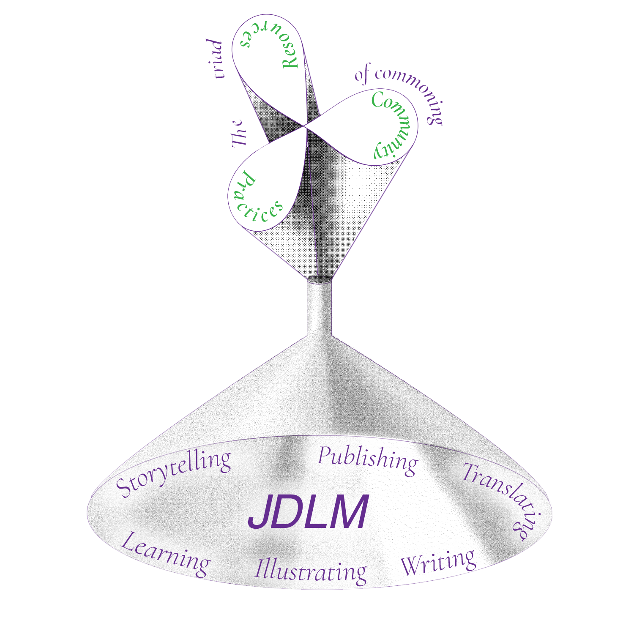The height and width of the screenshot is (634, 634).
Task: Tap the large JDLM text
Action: click(308, 512)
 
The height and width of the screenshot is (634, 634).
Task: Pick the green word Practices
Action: click(254, 201)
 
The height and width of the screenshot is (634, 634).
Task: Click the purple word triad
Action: click(216, 59)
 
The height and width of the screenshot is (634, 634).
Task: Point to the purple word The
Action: click(239, 134)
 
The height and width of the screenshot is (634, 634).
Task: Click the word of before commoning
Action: click(363, 74)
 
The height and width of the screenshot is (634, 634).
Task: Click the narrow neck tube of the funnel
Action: click(319, 309)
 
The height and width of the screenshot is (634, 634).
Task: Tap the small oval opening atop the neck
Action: click(319, 279)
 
